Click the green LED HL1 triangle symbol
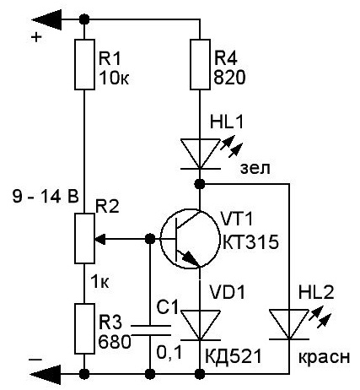[x=200, y=154]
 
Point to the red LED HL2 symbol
[x=289, y=324]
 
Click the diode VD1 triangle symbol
[x=200, y=325]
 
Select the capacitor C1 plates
[x=151, y=330]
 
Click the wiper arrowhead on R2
[x=100, y=239]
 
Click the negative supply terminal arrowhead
[x=46, y=374]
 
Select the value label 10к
[x=114, y=78]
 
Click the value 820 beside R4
[x=229, y=78]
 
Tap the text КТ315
[x=251, y=242]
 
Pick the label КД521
[x=234, y=356]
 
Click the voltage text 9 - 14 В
[x=46, y=196]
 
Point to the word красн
[x=324, y=357]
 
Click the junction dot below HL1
[x=200, y=184]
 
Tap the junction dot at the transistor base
[x=150, y=239]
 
